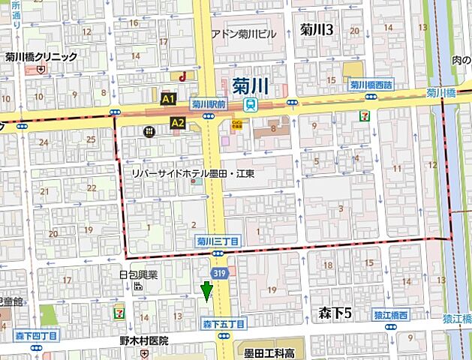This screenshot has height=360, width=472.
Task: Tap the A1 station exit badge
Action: (x=168, y=98)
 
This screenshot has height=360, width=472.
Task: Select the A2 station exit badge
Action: (x=178, y=121)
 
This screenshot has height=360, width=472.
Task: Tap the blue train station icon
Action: (x=254, y=105)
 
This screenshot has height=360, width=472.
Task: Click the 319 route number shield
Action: (x=218, y=275)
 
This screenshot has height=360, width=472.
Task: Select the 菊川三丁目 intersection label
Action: (x=218, y=241)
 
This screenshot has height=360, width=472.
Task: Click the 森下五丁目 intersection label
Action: (x=224, y=324)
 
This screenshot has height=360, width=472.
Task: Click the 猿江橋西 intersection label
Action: (x=392, y=316)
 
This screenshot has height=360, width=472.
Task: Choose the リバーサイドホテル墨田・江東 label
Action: (x=193, y=173)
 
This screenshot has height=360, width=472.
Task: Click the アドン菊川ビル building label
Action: (x=244, y=34)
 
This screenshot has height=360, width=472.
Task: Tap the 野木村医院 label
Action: (x=143, y=340)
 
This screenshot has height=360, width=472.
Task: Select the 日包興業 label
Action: (x=139, y=274)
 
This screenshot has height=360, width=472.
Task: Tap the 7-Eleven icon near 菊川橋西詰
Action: (x=365, y=115)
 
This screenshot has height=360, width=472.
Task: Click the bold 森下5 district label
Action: (x=335, y=310)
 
